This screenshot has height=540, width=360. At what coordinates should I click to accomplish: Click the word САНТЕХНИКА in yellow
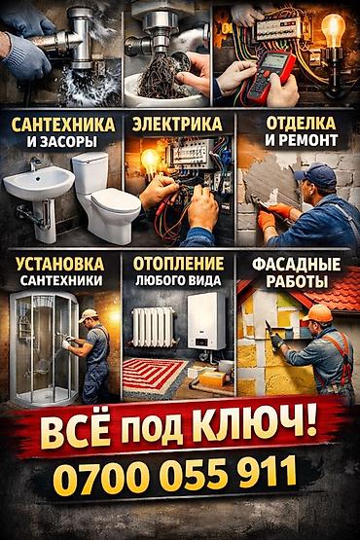[x=63, y=125]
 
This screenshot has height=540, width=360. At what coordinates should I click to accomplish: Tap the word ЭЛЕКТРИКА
[x=177, y=125]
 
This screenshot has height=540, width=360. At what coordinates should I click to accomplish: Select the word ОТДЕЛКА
[x=301, y=124]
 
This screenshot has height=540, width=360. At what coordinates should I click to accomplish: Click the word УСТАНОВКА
[x=60, y=264]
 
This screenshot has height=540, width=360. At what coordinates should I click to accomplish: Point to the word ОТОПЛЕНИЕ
[x=178, y=264]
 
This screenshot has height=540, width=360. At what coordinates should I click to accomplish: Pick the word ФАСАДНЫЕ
[x=296, y=265]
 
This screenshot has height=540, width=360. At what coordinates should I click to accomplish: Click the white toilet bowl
[x=105, y=198]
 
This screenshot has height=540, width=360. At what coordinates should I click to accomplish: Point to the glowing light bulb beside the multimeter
[x=333, y=31]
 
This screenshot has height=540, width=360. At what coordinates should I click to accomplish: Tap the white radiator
[x=153, y=327]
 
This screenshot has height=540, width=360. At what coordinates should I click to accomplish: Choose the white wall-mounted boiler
[x=206, y=321]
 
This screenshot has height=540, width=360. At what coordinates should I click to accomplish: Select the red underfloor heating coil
[x=154, y=376]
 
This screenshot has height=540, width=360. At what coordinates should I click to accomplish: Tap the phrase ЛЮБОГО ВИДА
[x=178, y=280]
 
